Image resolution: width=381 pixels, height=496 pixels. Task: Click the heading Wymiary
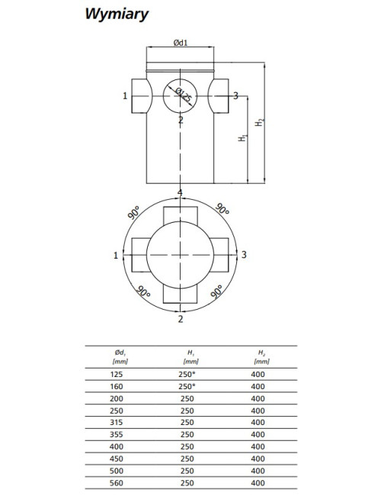(x=117, y=14)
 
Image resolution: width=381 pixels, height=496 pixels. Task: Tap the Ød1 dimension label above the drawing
(x=181, y=43)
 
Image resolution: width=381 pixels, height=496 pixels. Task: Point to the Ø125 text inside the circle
(x=183, y=95)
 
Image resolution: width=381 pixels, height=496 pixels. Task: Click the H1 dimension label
(x=242, y=137)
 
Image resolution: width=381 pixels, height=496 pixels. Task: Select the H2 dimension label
(x=260, y=122)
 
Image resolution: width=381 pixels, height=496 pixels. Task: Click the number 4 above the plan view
(x=180, y=192)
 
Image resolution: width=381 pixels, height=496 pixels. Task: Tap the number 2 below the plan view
(x=181, y=319)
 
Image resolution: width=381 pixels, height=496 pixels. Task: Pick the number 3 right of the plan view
(x=244, y=255)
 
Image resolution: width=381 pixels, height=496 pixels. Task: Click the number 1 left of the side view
(x=125, y=95)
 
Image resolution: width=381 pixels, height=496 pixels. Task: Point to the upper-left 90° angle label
(x=134, y=212)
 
